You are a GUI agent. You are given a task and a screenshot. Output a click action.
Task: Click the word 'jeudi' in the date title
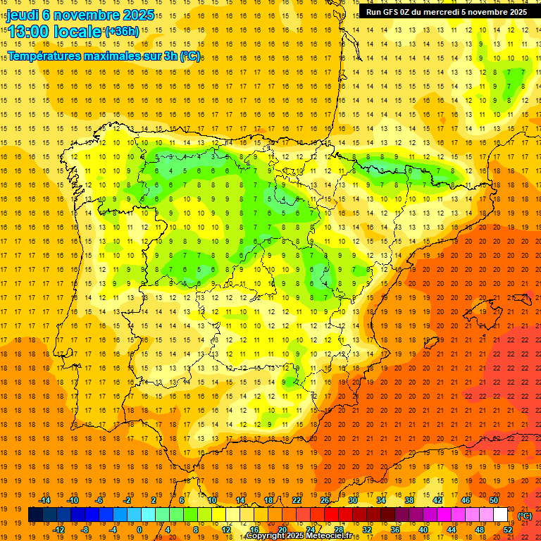click(x=23, y=14)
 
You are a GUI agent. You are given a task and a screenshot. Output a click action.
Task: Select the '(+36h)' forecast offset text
click(x=121, y=32)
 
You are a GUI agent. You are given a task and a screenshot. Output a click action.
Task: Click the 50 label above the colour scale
click(x=494, y=500)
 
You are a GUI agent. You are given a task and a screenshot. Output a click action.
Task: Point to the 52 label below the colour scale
click(x=508, y=529)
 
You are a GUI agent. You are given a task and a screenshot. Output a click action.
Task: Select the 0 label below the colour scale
click(x=140, y=529)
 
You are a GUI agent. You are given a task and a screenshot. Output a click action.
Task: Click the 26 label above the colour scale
click(x=325, y=500)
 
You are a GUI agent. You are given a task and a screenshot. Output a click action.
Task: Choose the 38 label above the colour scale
click(x=409, y=500)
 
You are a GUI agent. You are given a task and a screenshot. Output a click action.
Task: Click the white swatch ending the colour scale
click(x=501, y=515)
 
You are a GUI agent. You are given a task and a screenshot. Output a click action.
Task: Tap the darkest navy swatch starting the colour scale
click(x=35, y=515)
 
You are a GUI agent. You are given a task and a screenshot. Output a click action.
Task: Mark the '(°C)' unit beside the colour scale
click(x=525, y=516)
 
